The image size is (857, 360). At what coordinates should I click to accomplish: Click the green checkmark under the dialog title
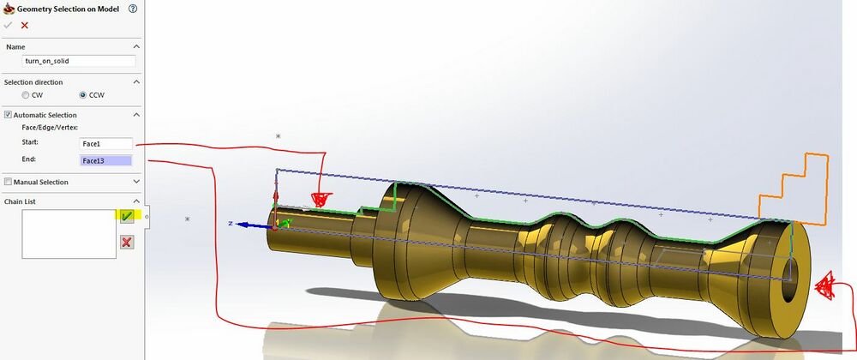coord(9,25)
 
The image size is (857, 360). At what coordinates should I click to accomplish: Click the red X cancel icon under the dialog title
coord(24,25)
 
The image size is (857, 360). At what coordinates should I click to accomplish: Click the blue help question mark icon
coord(133,9)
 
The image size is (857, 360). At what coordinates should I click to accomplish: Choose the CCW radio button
coord(83,94)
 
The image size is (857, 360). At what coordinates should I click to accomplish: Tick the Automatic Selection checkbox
coord(9,115)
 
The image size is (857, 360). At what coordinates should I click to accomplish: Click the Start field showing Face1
coord(106,144)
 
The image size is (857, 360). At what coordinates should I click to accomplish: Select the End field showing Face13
coord(106,160)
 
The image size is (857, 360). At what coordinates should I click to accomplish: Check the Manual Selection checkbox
coord(9,182)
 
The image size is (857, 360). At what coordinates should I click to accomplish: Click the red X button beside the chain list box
coord(126,242)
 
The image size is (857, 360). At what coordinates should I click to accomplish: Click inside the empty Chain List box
coord(68,233)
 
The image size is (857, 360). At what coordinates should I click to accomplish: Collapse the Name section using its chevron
coord(136,45)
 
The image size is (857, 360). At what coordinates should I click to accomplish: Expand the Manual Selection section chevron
coord(136,182)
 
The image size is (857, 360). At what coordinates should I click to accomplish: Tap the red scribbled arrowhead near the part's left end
coord(321,200)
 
